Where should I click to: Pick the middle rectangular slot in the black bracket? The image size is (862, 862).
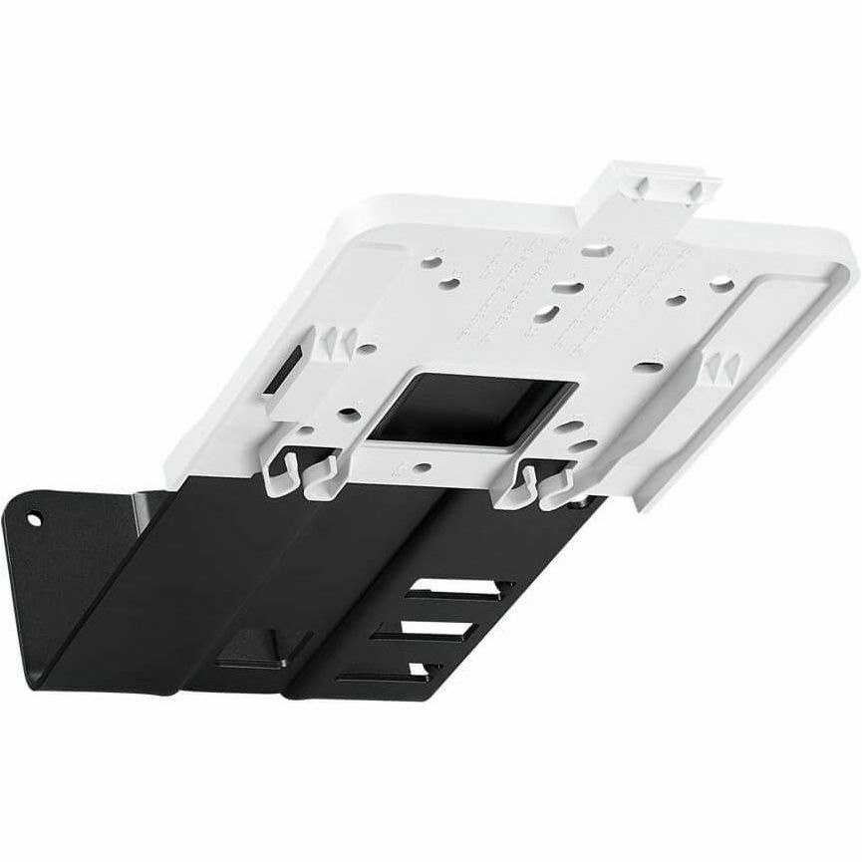[x=438, y=632]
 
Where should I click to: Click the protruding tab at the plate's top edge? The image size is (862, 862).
[x=658, y=185]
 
